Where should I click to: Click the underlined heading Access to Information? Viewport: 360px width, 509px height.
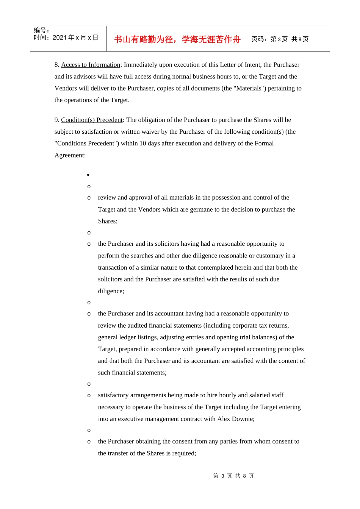pos(91,65)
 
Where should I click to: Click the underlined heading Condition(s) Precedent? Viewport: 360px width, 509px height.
pos(92,120)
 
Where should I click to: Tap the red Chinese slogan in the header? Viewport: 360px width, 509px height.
pos(177,39)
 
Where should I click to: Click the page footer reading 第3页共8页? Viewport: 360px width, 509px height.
pos(233,476)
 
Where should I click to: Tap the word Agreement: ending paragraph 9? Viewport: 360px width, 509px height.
pos(70,155)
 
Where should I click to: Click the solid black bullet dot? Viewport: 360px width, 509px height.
pos(88,175)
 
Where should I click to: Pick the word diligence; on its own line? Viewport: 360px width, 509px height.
pos(111,291)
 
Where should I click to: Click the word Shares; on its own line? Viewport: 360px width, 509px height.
pos(108,221)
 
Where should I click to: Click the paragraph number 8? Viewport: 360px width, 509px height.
pos(56,65)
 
